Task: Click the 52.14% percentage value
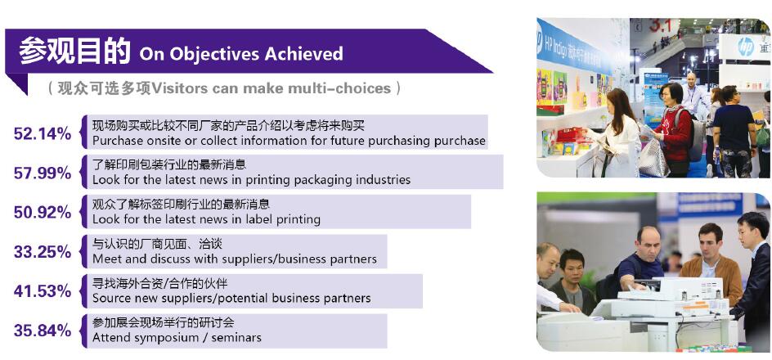pos(43,133)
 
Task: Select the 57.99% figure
pos(43,173)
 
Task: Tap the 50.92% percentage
pos(43,212)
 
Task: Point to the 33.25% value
pos(43,252)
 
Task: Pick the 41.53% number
pos(43,291)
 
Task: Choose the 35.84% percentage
pos(43,331)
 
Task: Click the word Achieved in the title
pos(303,53)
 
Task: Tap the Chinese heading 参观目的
pos(75,52)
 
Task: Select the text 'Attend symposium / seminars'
pos(177,338)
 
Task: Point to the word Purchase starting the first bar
pos(114,141)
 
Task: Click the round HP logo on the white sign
pos(745,47)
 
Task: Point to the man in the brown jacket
pos(711,263)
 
